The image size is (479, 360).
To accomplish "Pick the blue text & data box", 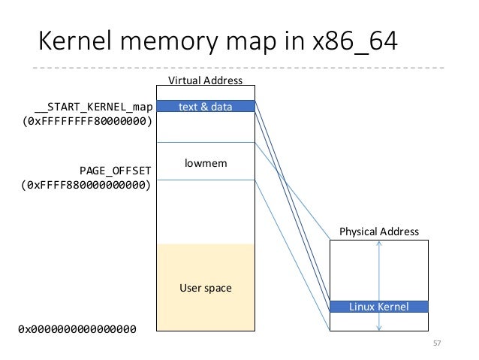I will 205,107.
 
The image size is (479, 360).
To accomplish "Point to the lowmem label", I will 205,162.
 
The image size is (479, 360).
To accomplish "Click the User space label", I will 205,288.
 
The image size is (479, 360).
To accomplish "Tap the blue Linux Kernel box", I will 378,307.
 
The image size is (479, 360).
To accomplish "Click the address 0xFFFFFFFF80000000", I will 88,121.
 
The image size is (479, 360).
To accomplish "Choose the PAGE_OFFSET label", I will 116,170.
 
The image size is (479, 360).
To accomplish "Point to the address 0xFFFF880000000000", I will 88,184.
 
